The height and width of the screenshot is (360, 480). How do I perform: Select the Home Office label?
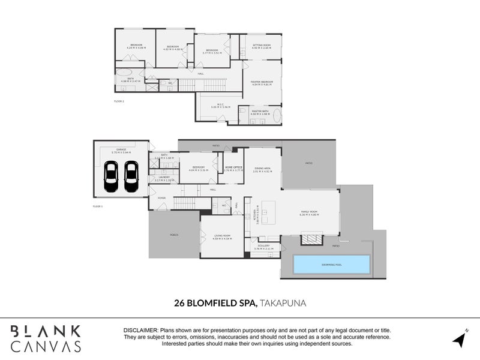tap(233, 168)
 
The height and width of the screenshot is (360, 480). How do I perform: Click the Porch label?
tap(174, 235)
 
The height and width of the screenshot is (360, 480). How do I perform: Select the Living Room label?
tap(223, 237)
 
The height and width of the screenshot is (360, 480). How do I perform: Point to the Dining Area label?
tap(263, 169)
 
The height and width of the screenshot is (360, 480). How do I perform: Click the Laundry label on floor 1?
tap(165, 177)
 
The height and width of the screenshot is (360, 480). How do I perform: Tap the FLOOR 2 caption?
tap(118, 101)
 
